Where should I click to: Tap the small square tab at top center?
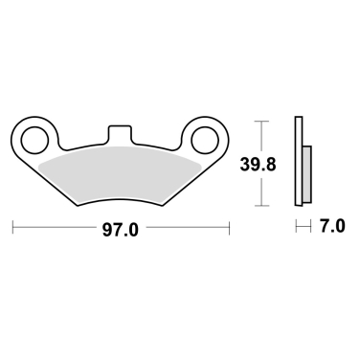(x=121, y=131)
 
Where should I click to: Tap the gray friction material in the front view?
(x=121, y=172)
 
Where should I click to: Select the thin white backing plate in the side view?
(x=300, y=163)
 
